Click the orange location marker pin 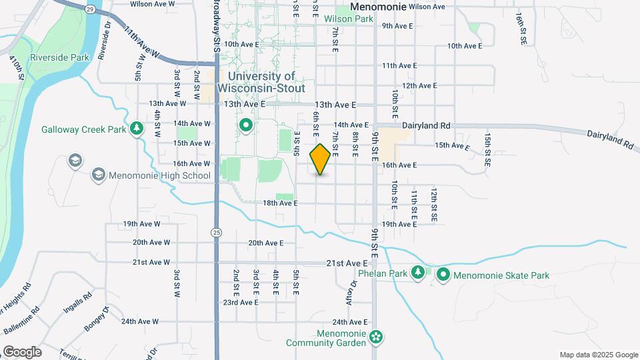(x=321, y=159)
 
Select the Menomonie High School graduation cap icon (x=99, y=175)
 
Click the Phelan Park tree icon (x=418, y=272)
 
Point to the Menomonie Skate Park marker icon (x=443, y=274)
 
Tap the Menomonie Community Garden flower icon (x=377, y=337)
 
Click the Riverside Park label (x=65, y=58)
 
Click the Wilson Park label (x=349, y=19)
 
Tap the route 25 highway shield (x=217, y=232)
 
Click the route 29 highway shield (x=90, y=9)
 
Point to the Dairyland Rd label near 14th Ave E (x=427, y=125)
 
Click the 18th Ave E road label (x=280, y=203)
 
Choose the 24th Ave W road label (x=140, y=321)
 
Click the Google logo (x=22, y=352)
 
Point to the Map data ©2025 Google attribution (x=598, y=355)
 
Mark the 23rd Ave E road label (x=240, y=303)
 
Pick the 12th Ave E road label (x=419, y=85)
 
